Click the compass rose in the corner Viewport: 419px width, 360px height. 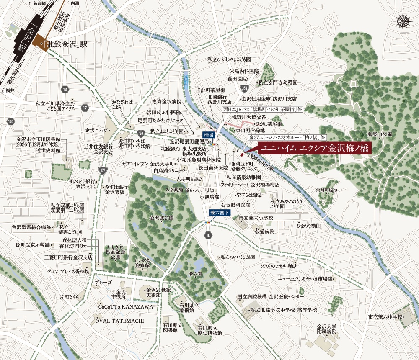click(x=403, y=21)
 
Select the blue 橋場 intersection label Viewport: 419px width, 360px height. click(x=209, y=135)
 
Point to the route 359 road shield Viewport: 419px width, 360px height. click(x=245, y=88)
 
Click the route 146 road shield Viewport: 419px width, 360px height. click(x=10, y=121)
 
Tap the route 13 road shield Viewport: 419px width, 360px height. click(x=64, y=90)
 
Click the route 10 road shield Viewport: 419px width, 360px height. click(x=208, y=236)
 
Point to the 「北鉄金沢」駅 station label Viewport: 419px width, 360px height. click(x=67, y=44)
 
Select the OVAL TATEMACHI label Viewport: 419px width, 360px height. click(x=119, y=321)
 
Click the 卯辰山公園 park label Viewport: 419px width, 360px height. click(x=380, y=135)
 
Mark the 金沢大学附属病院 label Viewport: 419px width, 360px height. click(x=328, y=328)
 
